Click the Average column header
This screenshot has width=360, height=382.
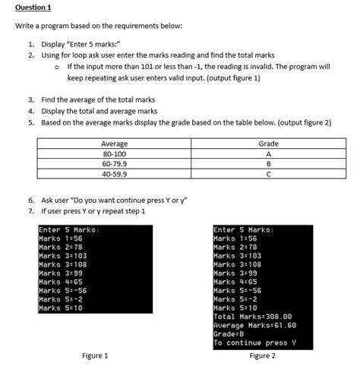pos(114,144)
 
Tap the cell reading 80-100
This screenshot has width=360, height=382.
pos(114,153)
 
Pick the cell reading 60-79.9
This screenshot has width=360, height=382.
pos(114,163)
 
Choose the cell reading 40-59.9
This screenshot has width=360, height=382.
pos(114,172)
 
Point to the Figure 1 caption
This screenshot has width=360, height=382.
pos(94,355)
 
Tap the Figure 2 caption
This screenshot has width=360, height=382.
pos(261,355)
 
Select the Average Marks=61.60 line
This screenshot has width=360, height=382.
pos(254,324)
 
